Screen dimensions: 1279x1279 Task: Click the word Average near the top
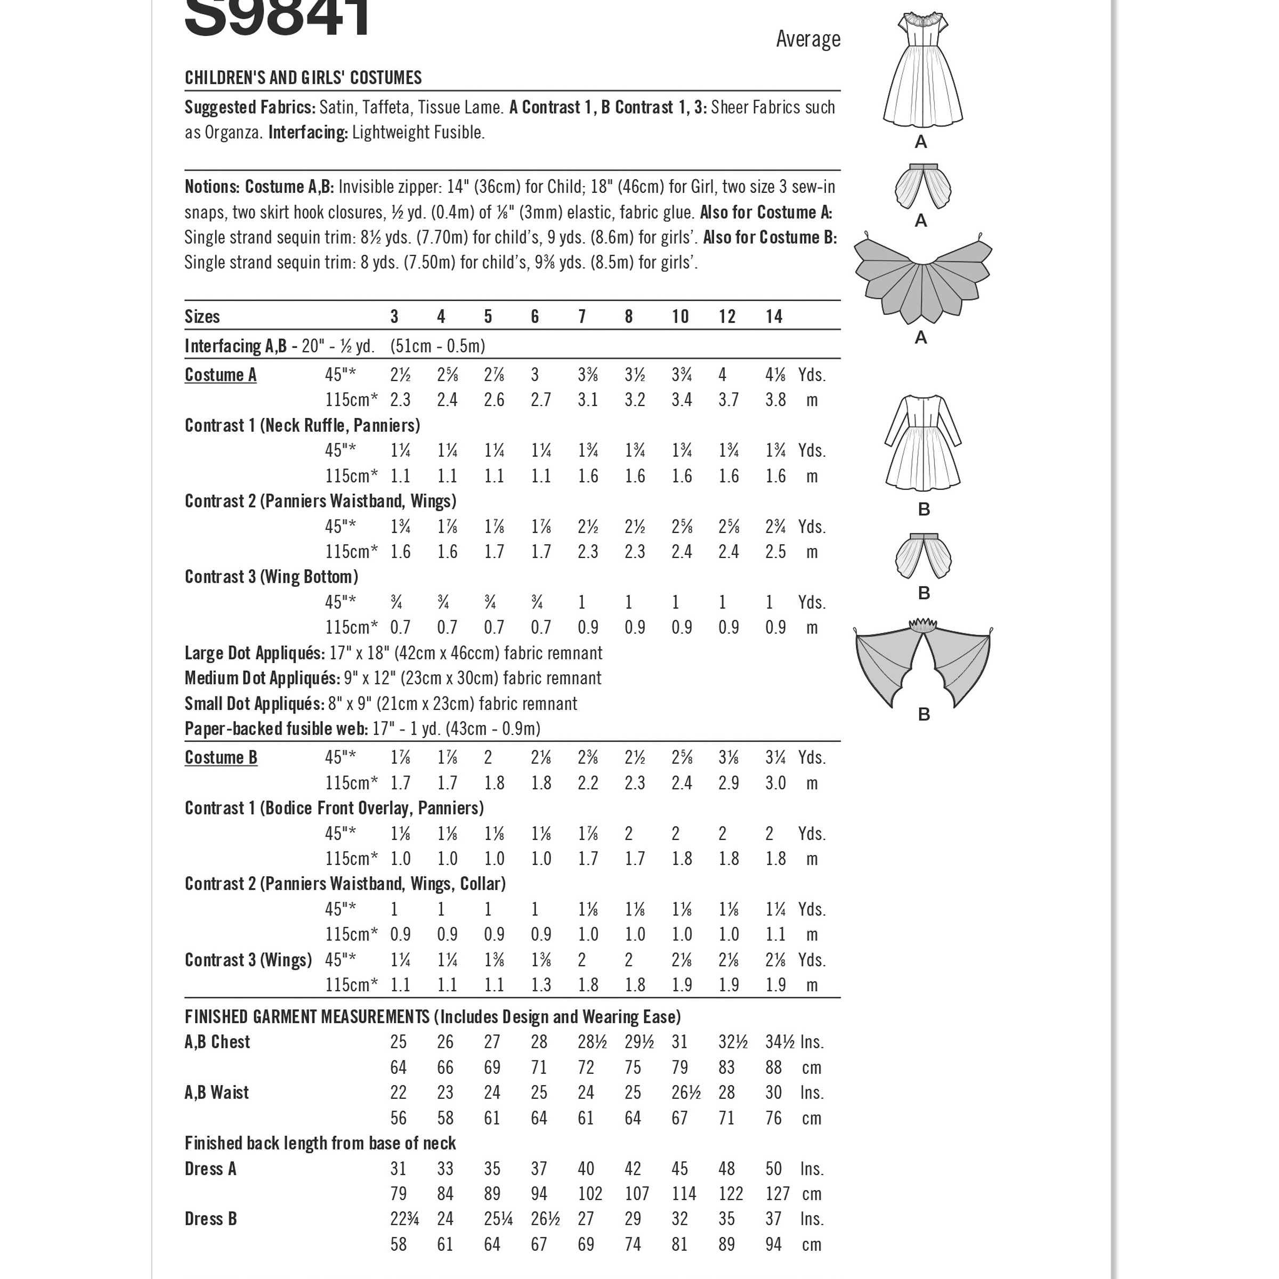coord(808,39)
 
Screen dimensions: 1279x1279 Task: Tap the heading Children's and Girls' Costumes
coord(303,77)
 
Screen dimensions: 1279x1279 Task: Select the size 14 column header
coord(773,317)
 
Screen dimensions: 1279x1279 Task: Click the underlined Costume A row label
coord(221,375)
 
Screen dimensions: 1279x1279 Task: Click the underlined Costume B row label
coord(221,757)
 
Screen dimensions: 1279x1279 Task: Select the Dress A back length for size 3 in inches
coord(398,1169)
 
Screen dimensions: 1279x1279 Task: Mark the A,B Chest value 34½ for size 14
coord(779,1042)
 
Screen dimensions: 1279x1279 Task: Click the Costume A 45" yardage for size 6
coord(535,375)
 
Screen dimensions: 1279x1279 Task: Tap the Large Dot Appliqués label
coord(254,653)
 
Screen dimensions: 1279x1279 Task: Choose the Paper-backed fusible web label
coord(276,729)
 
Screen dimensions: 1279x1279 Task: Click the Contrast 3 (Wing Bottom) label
coord(271,577)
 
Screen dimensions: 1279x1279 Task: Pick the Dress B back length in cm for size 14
coord(773,1244)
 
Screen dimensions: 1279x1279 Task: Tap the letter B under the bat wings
coord(924,714)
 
